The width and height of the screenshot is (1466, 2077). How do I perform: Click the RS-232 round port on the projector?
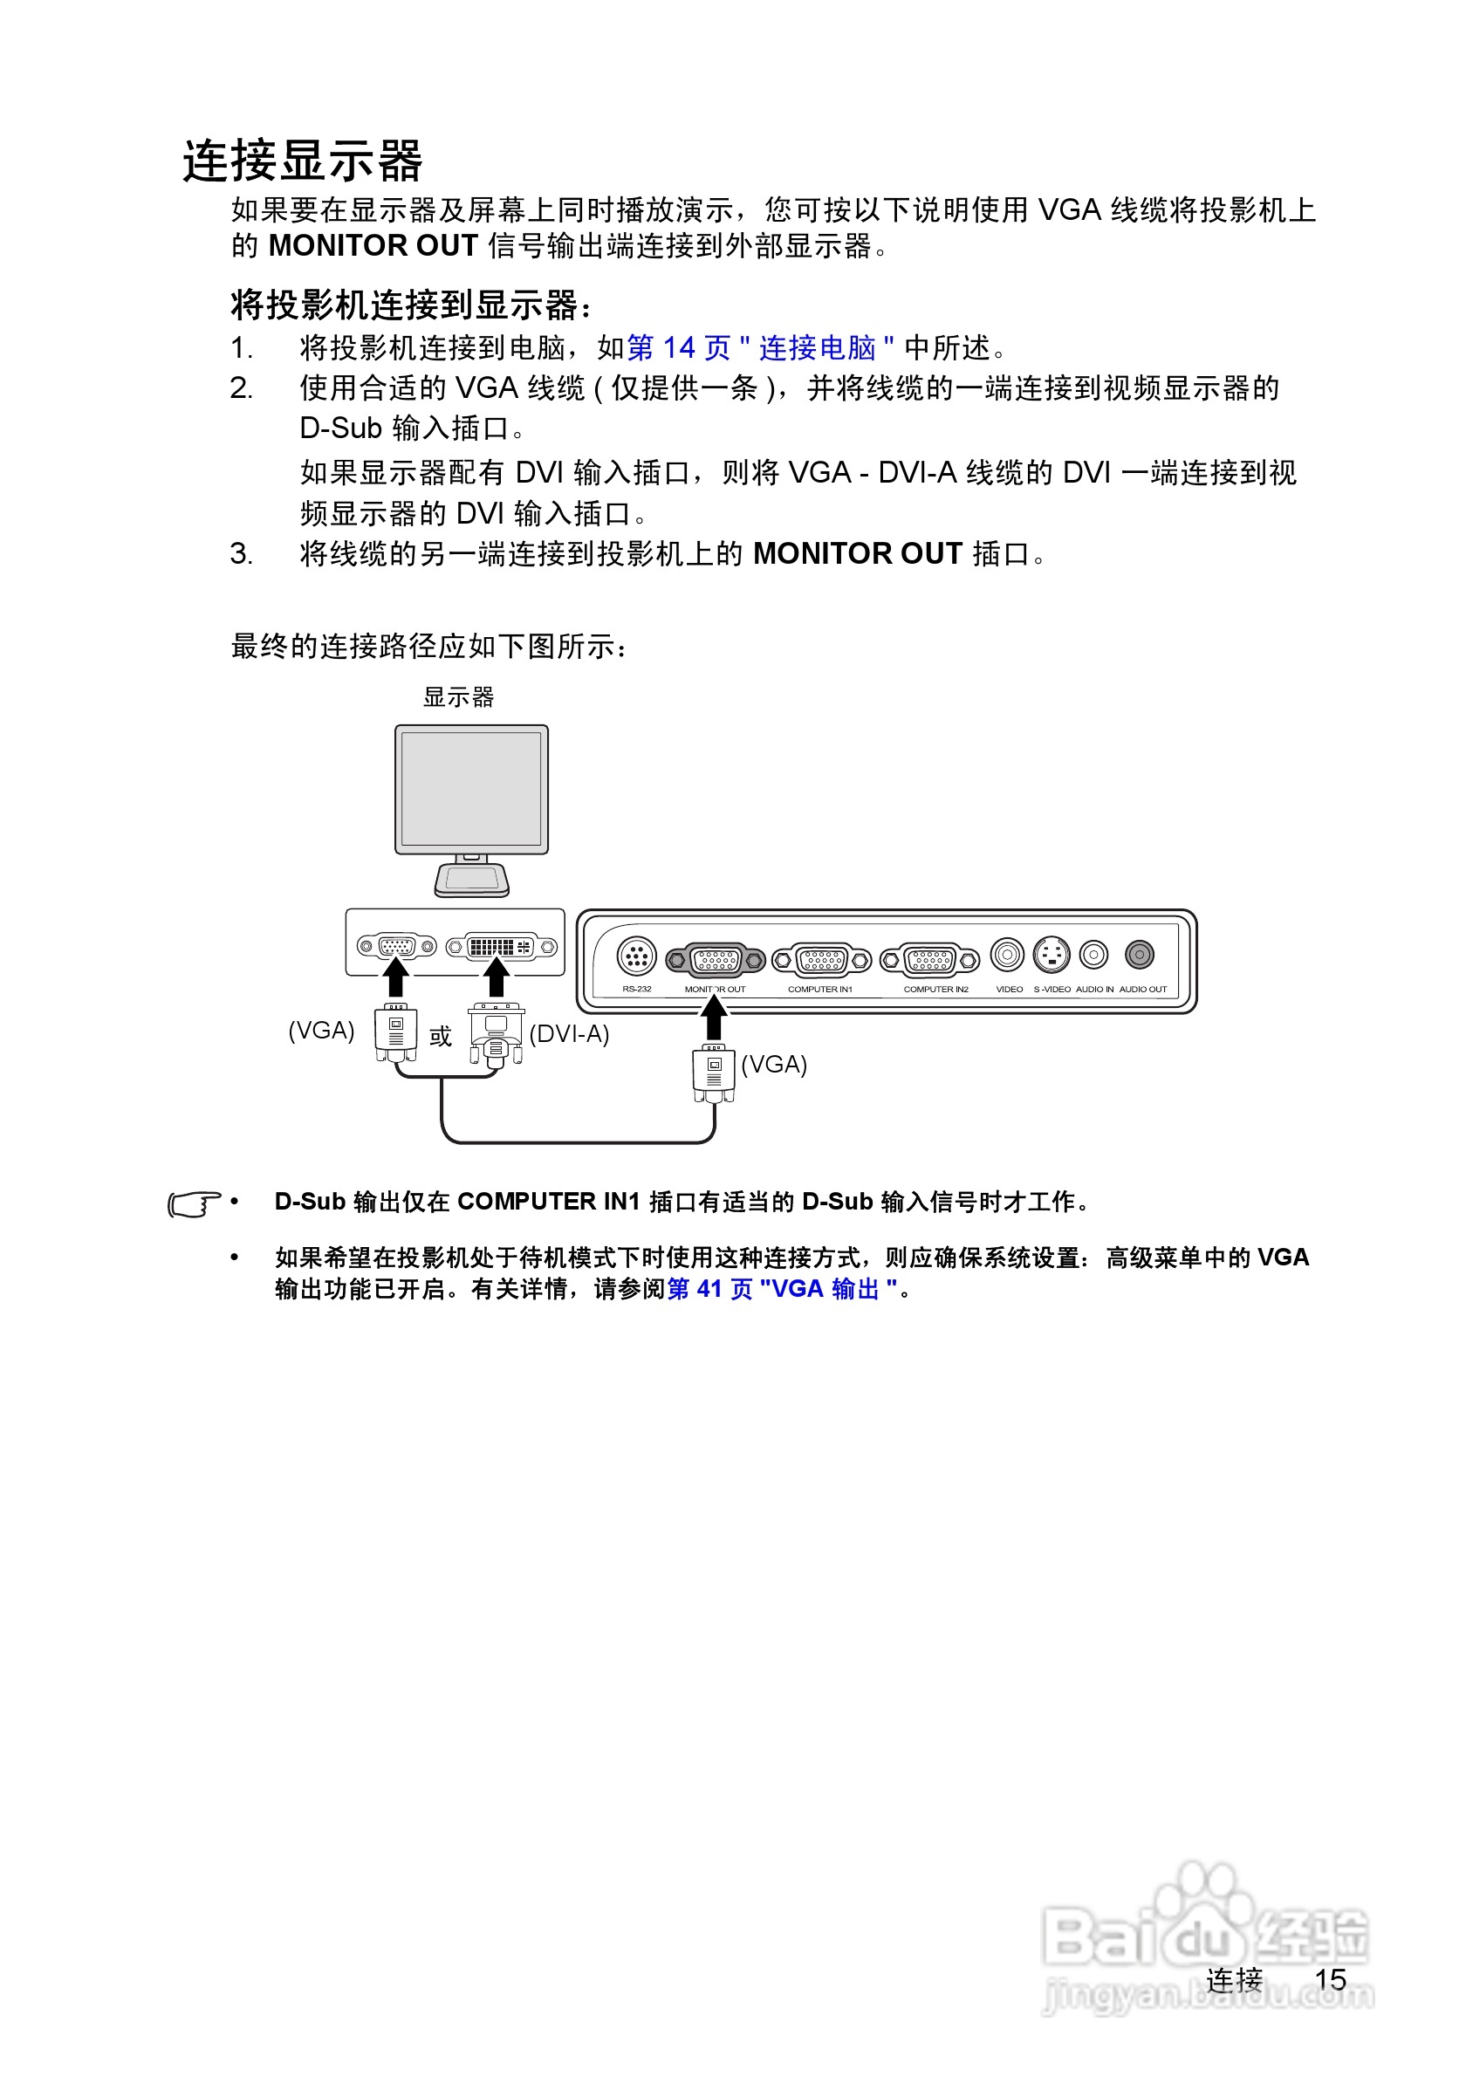click(x=636, y=955)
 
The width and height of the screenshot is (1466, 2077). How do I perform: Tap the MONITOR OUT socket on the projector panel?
click(x=716, y=959)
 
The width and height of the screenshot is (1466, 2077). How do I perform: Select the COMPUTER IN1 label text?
click(x=819, y=989)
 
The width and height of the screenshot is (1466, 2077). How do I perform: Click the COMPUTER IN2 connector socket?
click(x=929, y=959)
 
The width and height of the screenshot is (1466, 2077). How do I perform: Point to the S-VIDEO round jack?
click(x=1051, y=955)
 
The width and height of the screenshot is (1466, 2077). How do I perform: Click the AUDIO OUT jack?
click(x=1139, y=954)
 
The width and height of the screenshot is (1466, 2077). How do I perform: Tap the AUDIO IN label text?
click(x=1094, y=989)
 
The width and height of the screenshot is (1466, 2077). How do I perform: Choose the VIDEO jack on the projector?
click(x=1007, y=955)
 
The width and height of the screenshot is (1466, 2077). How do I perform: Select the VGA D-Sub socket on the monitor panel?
click(x=396, y=946)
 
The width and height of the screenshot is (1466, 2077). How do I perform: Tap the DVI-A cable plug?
click(x=496, y=1035)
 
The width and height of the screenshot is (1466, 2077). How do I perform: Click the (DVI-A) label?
click(x=569, y=1033)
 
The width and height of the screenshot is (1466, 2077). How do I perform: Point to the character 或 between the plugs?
click(x=441, y=1036)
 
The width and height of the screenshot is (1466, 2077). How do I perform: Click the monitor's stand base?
click(x=471, y=881)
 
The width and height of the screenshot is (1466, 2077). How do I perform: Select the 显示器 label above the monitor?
click(x=458, y=696)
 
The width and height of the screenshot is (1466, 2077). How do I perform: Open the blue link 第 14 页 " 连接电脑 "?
click(x=760, y=347)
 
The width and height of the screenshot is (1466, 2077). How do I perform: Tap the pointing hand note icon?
click(x=195, y=1204)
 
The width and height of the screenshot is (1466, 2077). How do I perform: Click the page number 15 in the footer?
click(x=1331, y=1979)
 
